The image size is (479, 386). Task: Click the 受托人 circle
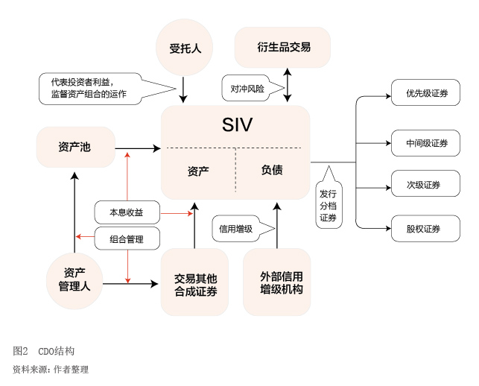[184, 48]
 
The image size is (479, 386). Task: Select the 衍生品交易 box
[283, 48]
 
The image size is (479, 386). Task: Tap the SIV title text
[237, 125]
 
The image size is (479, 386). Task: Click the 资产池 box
[75, 147]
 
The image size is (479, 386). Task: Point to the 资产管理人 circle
[74, 280]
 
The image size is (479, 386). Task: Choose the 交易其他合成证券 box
[195, 282]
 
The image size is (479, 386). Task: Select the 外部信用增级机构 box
[277, 282]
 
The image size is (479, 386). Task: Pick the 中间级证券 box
[427, 142]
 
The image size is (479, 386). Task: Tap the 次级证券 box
[427, 185]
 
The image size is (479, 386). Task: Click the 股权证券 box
[427, 228]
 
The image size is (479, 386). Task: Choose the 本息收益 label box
[127, 212]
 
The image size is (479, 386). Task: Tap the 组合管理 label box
[127, 239]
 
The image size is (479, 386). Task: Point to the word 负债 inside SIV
[272, 170]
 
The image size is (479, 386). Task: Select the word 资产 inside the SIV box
[198, 171]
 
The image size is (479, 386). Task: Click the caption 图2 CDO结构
[44, 351]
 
